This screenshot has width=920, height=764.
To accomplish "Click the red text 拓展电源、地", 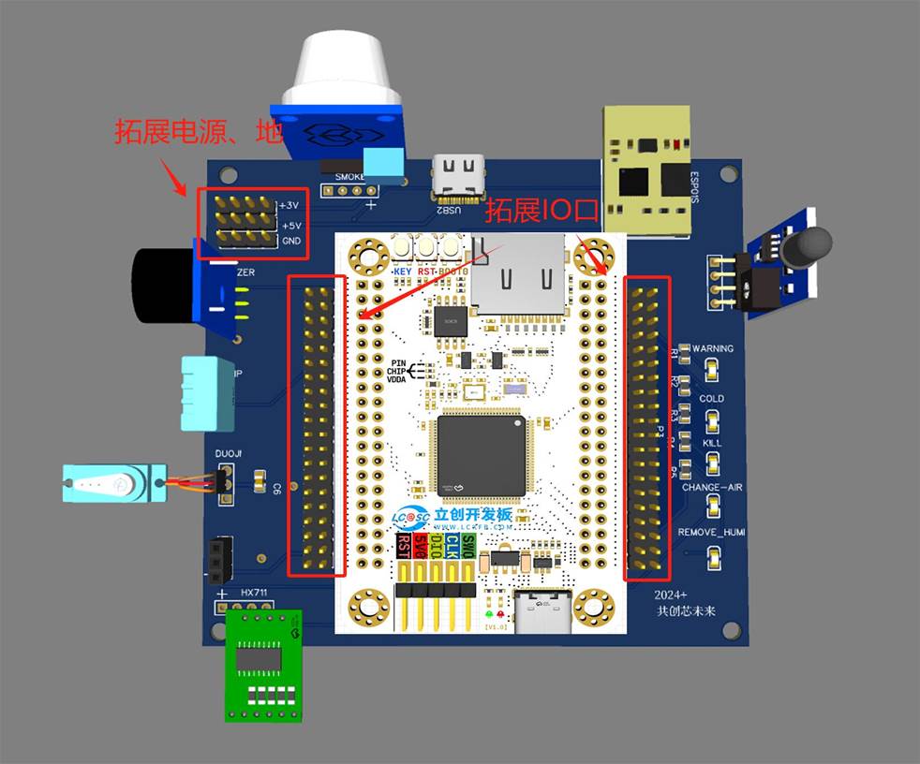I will pyautogui.click(x=198, y=132).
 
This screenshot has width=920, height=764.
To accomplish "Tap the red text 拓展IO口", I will pyautogui.click(x=541, y=211).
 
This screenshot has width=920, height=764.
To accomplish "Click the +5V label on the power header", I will pyautogui.click(x=290, y=225).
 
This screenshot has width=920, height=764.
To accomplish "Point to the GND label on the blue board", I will pyautogui.click(x=291, y=241).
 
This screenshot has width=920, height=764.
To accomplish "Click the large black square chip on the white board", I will pyautogui.click(x=482, y=455).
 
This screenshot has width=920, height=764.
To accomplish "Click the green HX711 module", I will pyautogui.click(x=264, y=665).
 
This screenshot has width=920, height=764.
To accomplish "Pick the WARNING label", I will pyautogui.click(x=713, y=348).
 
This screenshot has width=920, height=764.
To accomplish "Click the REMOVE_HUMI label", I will pyautogui.click(x=712, y=533).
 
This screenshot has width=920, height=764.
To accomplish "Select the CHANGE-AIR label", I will pyautogui.click(x=712, y=488).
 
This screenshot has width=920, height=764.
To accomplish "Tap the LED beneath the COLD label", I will pyautogui.click(x=713, y=417).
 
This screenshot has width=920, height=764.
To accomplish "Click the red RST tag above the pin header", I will pyautogui.click(x=404, y=545).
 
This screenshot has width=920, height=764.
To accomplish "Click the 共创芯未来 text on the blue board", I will pyautogui.click(x=685, y=610).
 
